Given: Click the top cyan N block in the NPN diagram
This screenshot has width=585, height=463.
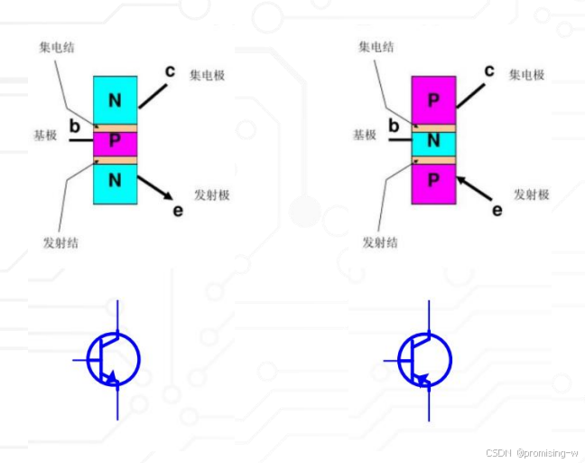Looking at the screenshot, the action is [115, 99].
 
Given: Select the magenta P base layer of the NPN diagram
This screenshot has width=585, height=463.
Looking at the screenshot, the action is [115, 141].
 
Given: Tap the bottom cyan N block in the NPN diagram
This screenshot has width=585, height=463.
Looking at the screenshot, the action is [115, 180].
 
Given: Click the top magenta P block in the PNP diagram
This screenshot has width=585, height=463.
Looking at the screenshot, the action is [433, 99].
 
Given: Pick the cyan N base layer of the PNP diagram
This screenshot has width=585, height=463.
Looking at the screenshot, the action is [433, 141].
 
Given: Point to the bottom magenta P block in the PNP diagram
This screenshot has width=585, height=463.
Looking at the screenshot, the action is [433, 180].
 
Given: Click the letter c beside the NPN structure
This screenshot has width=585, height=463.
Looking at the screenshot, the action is [170, 71].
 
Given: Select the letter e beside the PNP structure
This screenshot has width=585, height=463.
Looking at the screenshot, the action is [497, 210].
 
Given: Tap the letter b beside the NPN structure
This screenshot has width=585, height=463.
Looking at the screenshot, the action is [74, 126].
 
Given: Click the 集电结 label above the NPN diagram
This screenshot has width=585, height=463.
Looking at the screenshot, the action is [56, 46].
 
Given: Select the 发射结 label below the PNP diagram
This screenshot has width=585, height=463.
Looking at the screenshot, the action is [379, 242].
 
